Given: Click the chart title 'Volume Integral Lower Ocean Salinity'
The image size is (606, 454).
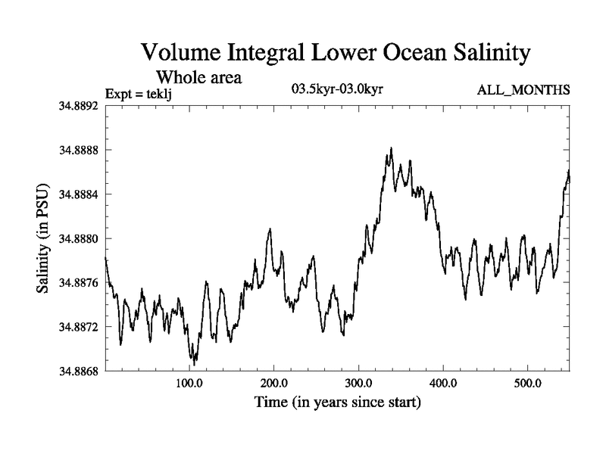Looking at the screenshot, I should coord(333,54).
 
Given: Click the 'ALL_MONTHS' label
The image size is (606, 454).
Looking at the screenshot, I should coord(523,91).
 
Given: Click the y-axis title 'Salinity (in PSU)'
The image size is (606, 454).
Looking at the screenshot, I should coord(43,238).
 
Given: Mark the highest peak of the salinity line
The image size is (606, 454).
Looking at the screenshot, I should coord(391,148).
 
